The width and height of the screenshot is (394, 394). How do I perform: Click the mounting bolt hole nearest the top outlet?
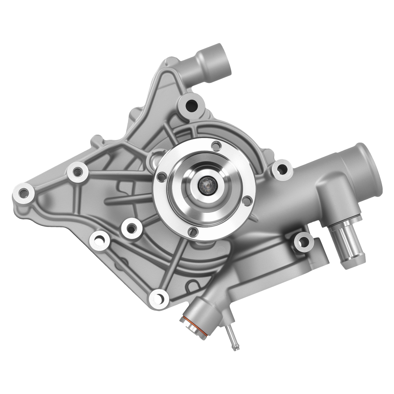[x=192, y=105]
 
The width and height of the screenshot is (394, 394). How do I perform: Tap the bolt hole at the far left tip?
[x=24, y=193]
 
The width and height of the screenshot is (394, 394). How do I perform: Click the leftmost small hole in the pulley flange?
[x=161, y=177]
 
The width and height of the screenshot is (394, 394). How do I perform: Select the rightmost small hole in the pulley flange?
[x=247, y=201]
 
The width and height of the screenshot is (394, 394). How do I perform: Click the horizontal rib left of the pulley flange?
[x=128, y=199]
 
